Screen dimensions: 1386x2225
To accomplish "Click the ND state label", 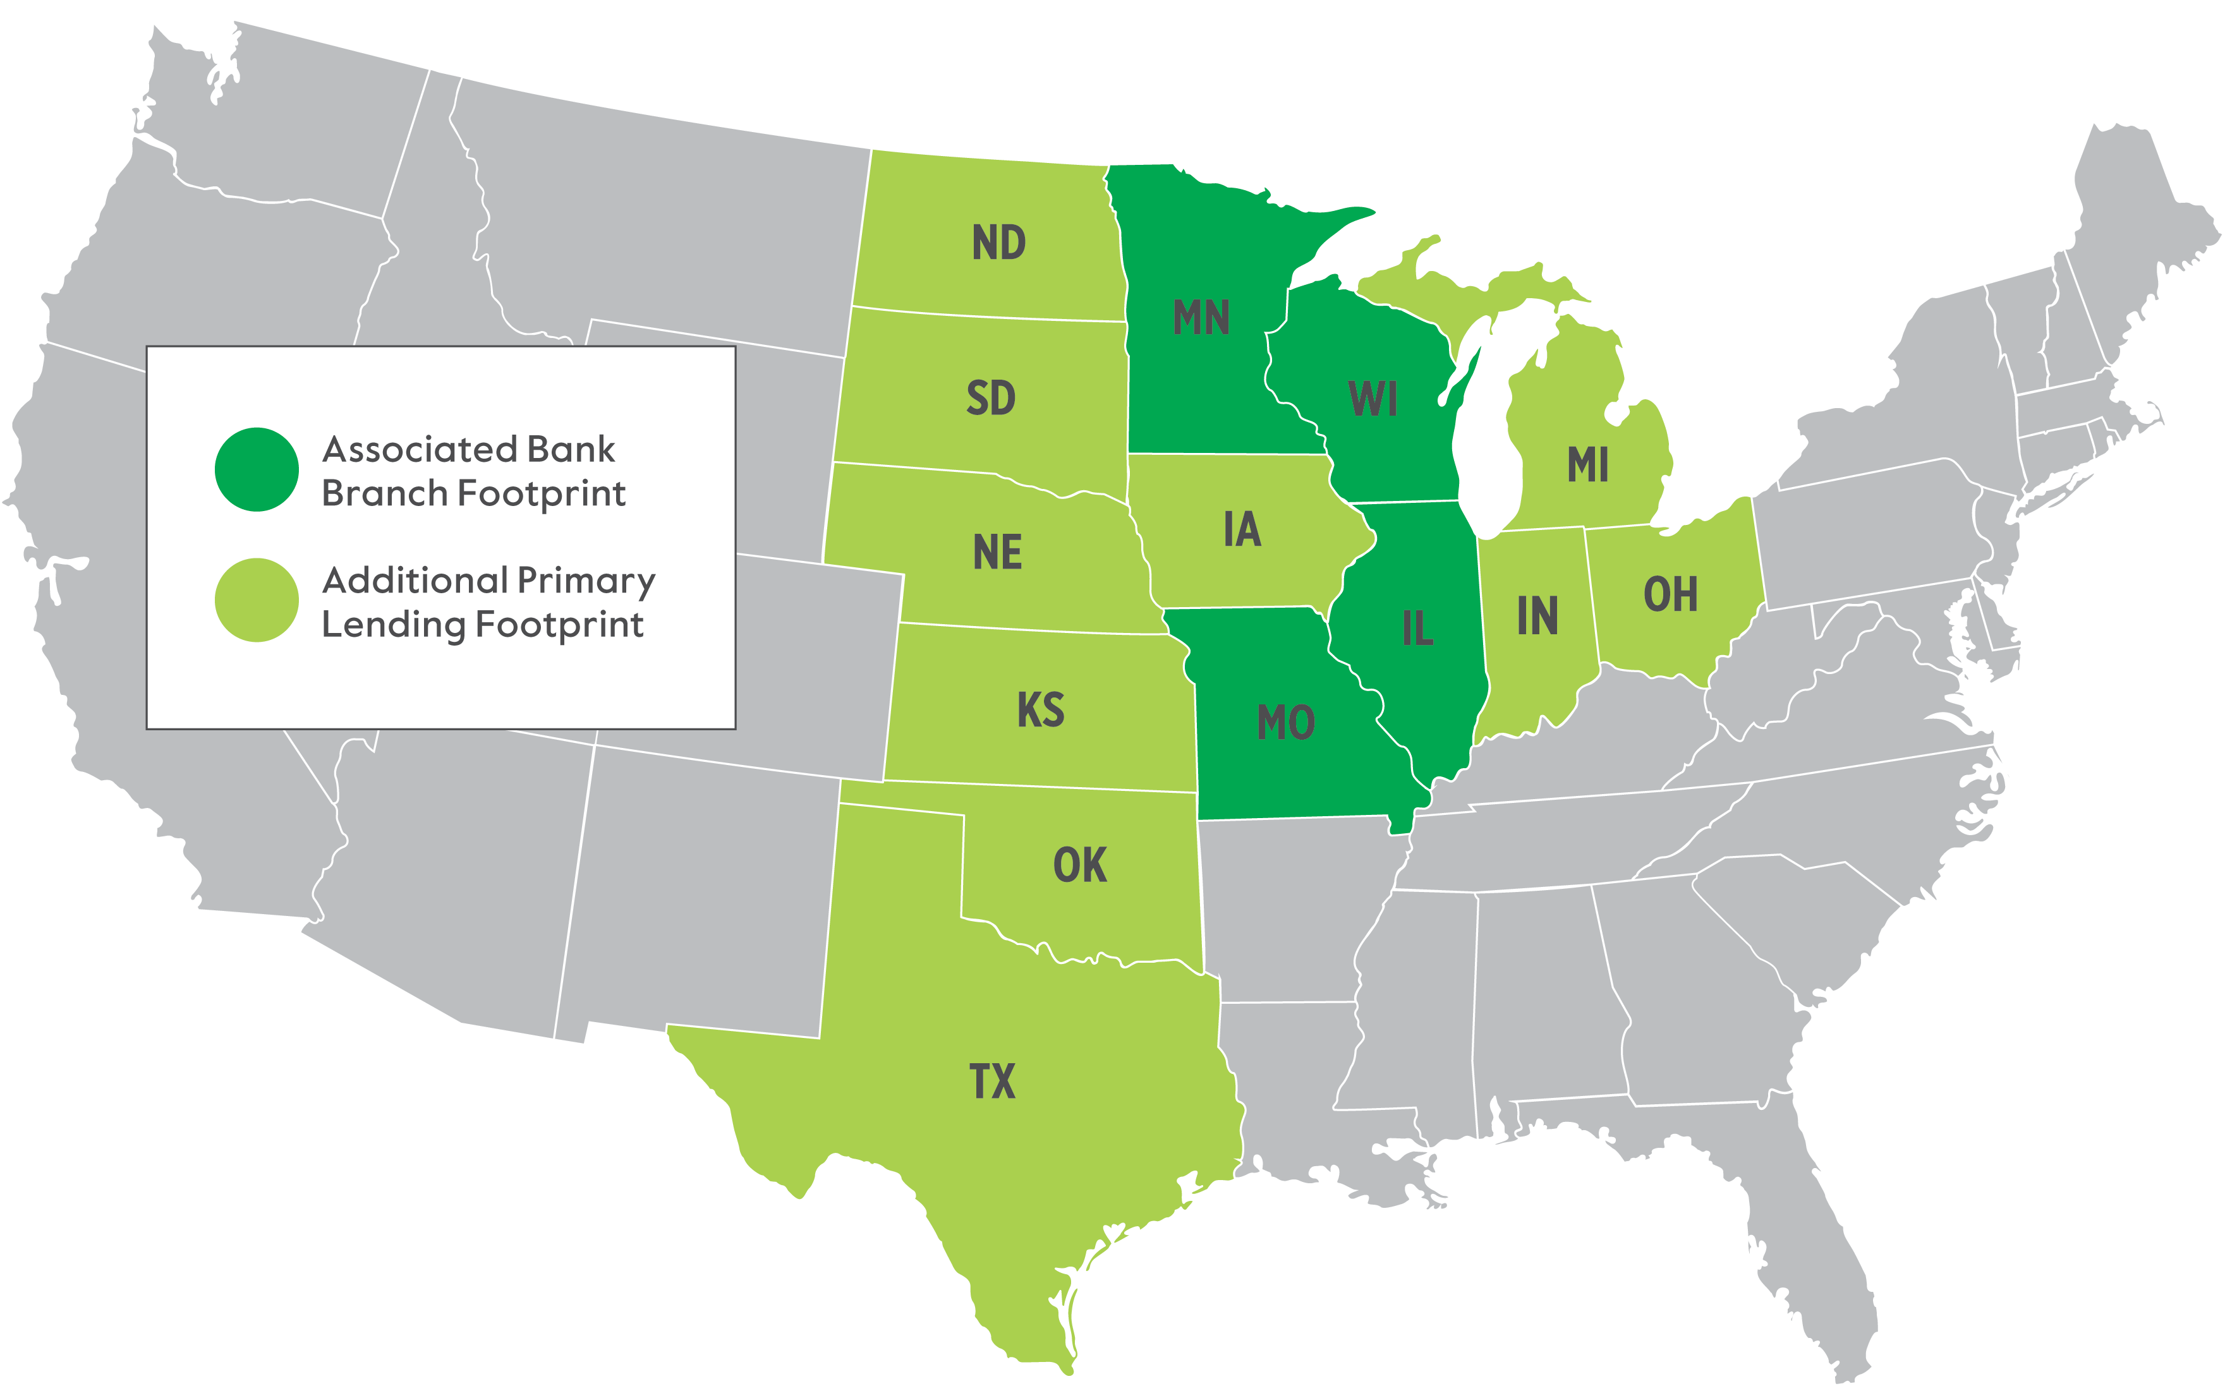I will click(x=998, y=243).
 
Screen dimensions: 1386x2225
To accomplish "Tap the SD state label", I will click(x=991, y=398).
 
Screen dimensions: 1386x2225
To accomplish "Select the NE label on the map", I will click(x=997, y=553).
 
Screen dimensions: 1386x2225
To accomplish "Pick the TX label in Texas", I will click(x=992, y=1082).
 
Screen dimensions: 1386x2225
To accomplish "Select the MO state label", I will click(x=1285, y=722).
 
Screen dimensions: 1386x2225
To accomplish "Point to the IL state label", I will click(x=1417, y=629).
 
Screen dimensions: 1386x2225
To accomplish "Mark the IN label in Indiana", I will click(x=1537, y=616).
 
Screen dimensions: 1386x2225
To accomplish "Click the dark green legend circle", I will click(x=257, y=469).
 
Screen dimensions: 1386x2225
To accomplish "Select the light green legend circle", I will click(x=257, y=600).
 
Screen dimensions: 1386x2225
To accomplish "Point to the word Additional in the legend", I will click(x=415, y=581).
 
